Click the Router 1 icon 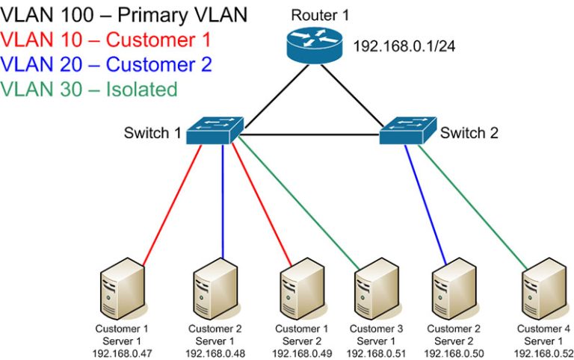[312, 46]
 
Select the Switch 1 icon [215, 131]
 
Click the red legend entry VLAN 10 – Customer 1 [106, 40]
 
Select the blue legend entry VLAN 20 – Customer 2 [106, 64]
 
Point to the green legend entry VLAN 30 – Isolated [90, 90]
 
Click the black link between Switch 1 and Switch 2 [314, 136]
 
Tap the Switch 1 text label [152, 134]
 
